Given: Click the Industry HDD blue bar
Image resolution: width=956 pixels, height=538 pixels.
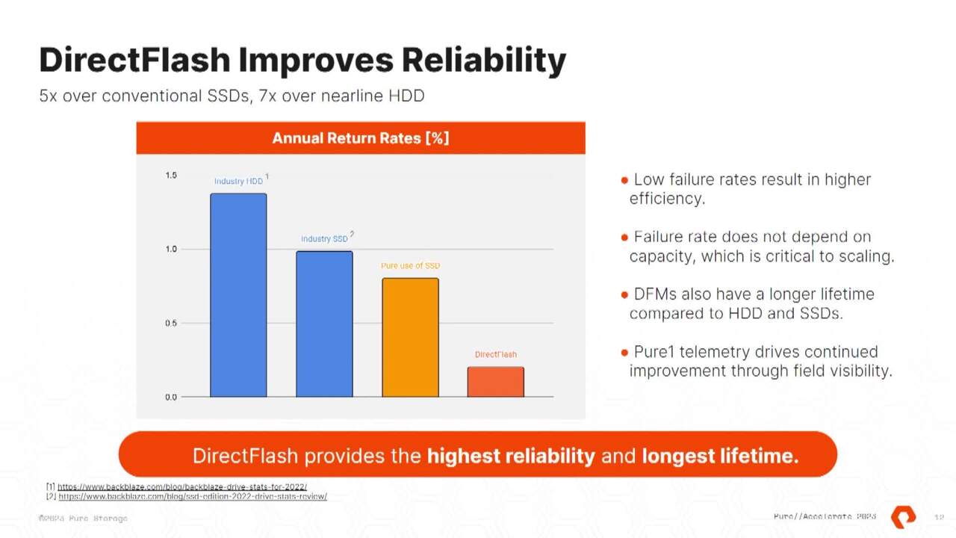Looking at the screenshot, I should coord(238,295).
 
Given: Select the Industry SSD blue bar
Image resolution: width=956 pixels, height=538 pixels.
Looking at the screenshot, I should coord(324,324).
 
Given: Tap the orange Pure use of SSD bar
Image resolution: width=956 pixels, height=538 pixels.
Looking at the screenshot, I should coord(410,337).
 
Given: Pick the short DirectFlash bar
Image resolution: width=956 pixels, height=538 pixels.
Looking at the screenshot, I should coord(495,382).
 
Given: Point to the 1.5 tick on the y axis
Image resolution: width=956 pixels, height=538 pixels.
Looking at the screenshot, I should coord(171,176).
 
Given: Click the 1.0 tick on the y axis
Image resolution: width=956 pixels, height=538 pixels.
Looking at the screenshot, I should coord(171,250).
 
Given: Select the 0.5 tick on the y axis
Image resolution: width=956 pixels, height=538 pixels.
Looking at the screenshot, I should coord(171,324).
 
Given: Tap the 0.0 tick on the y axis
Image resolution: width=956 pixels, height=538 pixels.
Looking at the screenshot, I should coord(171,398).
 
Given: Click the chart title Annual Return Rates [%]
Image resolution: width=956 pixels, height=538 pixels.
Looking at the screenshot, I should coord(360,138).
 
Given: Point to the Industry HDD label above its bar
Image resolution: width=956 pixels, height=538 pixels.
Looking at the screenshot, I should coord(238,182).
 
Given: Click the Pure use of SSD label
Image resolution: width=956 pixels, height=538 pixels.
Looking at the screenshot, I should coord(410,266).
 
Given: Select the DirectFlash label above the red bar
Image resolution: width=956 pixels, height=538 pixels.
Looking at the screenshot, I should coord(495,354).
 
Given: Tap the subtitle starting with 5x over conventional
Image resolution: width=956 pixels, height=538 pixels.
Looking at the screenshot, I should coord(232,96).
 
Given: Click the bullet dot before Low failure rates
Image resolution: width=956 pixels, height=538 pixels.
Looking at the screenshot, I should coord(624,180).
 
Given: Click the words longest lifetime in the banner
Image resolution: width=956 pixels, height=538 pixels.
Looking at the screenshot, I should coord(720,456).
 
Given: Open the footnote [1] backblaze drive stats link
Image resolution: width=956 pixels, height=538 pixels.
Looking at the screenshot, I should coord(182,486).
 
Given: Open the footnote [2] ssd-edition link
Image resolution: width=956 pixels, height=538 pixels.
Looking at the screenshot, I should coord(192,496).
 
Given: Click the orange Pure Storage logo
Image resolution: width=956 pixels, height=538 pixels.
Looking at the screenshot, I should coord(903,516).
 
